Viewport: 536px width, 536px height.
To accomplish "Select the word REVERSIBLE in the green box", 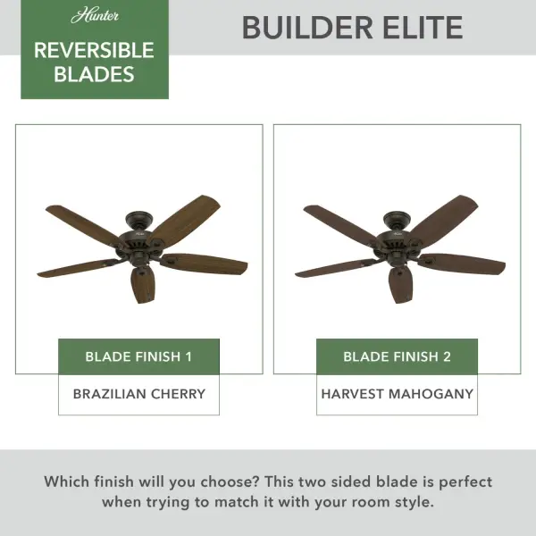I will (94, 50).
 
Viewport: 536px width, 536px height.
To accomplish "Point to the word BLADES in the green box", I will (94, 75).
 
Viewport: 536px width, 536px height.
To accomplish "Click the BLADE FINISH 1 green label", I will (138, 356).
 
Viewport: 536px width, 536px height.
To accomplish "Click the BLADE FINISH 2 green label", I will (397, 356).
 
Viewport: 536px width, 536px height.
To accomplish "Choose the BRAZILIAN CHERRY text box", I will (138, 394).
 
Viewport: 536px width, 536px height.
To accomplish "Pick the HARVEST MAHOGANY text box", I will (397, 394).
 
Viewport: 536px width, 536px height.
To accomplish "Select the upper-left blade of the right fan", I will (340, 222).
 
